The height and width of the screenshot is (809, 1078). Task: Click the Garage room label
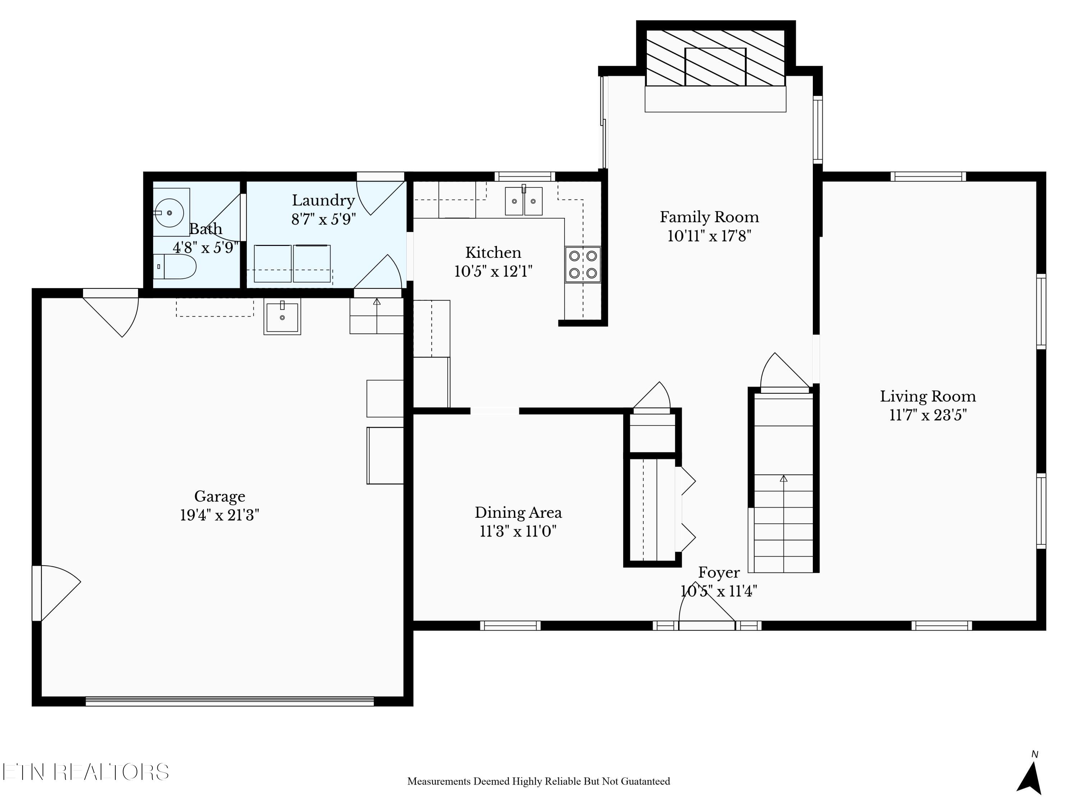click(219, 497)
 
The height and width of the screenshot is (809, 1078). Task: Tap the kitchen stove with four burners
click(583, 264)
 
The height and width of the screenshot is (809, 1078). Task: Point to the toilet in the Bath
click(175, 267)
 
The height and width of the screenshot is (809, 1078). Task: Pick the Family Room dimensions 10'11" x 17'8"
click(709, 236)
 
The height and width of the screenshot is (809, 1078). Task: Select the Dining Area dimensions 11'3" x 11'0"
click(518, 531)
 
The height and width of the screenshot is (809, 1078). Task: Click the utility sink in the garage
click(282, 316)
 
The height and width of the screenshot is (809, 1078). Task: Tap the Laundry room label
click(323, 200)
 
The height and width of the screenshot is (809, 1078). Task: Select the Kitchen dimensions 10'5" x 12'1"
click(493, 271)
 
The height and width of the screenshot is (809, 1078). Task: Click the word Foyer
click(719, 572)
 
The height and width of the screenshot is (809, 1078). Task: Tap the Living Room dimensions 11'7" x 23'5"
click(928, 415)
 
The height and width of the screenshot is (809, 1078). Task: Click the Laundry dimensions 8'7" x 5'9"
click(323, 219)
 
